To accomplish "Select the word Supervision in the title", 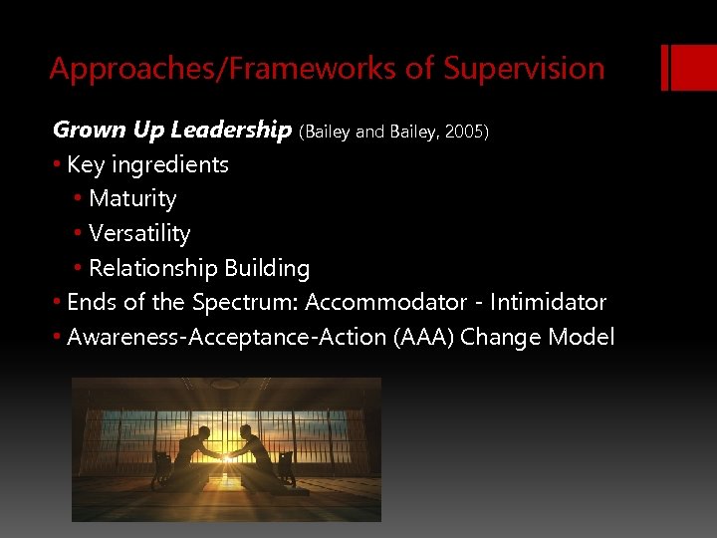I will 524,69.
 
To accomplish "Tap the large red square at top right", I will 689,67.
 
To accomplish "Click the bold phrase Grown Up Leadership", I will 171,131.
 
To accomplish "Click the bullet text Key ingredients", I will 147,164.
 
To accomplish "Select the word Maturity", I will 132,199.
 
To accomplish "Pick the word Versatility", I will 139,234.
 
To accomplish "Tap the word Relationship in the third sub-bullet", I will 152,268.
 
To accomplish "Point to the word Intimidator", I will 547,302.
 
